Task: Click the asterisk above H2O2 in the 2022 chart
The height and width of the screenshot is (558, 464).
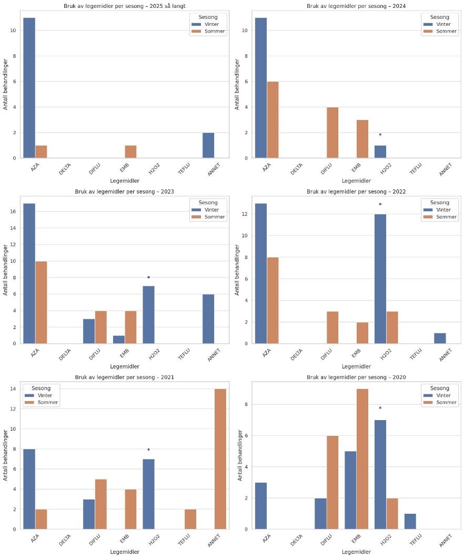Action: coord(380,205)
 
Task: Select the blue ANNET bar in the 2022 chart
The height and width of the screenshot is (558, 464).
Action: coord(439,338)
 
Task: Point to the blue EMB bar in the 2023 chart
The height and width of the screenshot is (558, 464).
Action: coord(119,340)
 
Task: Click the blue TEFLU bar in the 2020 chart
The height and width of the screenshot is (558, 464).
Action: coord(410,521)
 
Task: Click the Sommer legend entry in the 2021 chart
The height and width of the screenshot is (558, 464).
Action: coord(48,403)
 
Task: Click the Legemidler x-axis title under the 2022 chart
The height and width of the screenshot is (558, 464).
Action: coord(356,366)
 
